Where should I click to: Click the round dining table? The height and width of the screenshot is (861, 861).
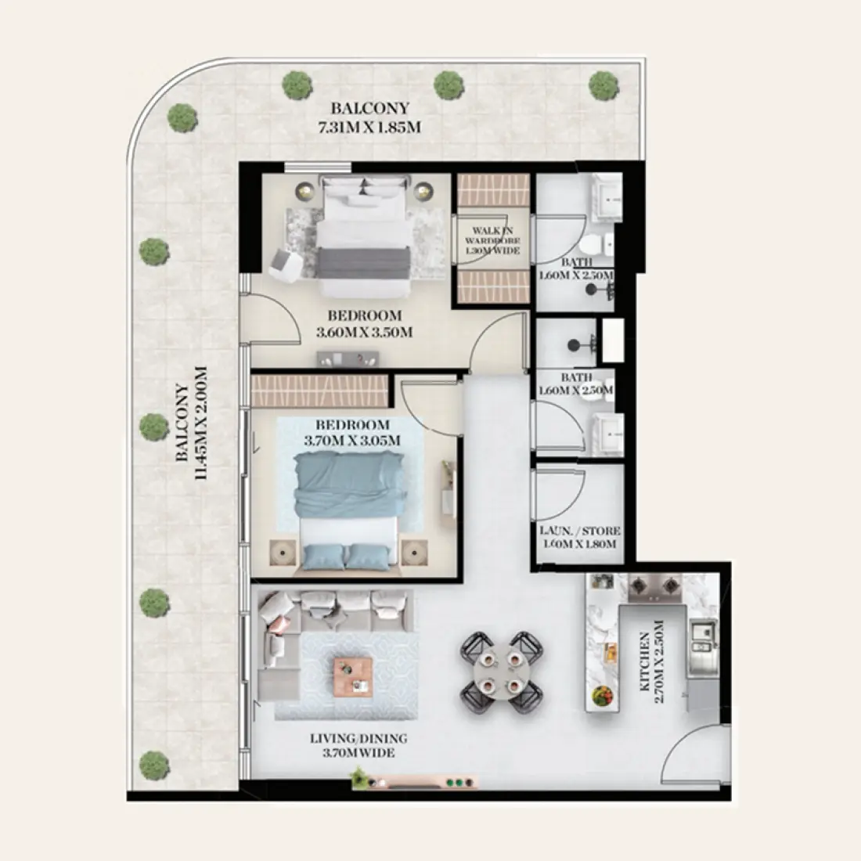[501, 672]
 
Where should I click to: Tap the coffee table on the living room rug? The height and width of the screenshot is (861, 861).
[353, 677]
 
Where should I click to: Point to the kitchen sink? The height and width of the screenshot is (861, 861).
[704, 639]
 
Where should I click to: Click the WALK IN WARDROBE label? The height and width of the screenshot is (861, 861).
[492, 240]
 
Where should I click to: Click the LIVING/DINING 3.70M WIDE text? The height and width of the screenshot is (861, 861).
[358, 745]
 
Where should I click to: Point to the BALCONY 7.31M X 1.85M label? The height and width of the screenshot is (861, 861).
[369, 117]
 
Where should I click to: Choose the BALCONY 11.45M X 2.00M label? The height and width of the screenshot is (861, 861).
[192, 423]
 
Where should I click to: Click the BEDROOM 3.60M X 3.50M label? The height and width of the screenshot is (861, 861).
[364, 323]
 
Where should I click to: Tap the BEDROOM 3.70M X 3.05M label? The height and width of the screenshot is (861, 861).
[352, 432]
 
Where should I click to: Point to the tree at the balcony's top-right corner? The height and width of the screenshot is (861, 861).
[604, 85]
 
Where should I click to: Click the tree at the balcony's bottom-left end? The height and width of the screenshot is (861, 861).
[154, 766]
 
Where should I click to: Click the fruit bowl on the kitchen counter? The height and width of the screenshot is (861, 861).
[602, 697]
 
